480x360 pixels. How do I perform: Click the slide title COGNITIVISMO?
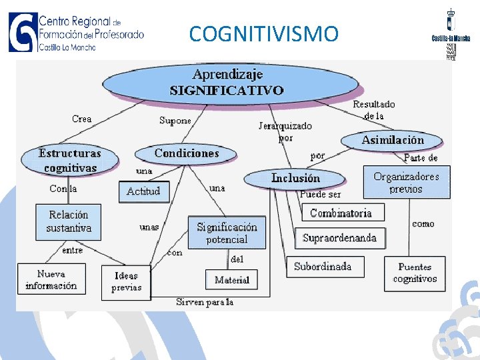tap(263, 33)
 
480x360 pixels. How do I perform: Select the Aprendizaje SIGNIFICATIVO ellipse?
tap(230, 83)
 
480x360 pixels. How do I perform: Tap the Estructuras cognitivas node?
tap(70, 161)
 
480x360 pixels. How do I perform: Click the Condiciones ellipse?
tap(187, 153)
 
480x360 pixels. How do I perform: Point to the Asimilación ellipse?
tap(393, 140)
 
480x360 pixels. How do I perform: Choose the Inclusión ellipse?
tap(295, 178)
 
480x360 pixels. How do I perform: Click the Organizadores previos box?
tap(406, 183)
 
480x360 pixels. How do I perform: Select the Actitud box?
tap(143, 191)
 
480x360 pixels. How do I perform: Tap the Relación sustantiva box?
tap(69, 221)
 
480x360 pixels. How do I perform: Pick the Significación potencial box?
tap(227, 233)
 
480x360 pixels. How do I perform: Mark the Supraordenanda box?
tap(339, 238)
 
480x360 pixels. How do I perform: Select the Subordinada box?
tap(323, 267)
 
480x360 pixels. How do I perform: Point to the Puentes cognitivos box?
tap(415, 273)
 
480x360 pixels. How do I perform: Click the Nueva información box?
tap(51, 280)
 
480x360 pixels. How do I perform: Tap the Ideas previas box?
tap(126, 281)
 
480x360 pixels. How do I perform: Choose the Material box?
tap(232, 280)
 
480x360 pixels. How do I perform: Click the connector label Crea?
tap(82, 119)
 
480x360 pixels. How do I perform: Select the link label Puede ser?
tap(320, 195)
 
